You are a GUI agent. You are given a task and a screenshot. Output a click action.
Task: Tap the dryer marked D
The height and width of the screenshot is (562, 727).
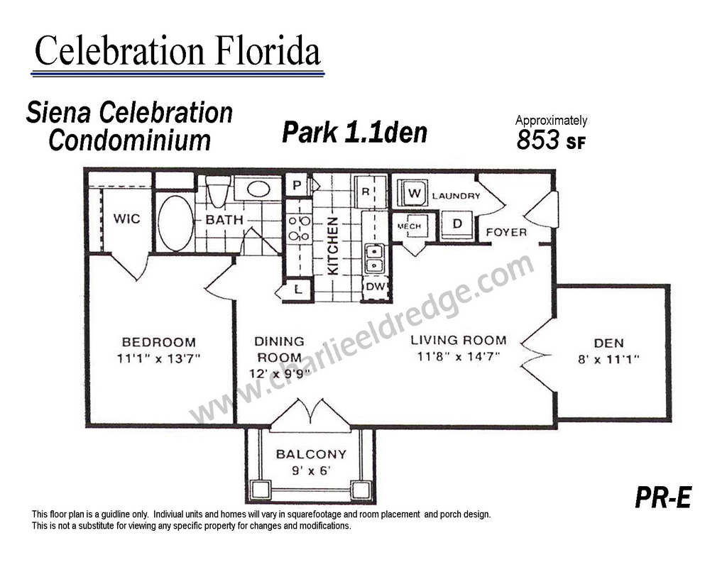[457, 225]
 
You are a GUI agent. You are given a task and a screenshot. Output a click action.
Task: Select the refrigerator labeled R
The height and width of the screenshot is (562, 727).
[369, 192]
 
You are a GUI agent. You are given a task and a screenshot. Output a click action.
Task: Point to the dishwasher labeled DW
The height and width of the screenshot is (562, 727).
[375, 287]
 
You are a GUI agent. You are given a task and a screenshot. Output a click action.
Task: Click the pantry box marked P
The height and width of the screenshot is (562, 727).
[297, 185]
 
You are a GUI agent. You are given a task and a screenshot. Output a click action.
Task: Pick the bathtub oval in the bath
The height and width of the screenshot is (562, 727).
[176, 223]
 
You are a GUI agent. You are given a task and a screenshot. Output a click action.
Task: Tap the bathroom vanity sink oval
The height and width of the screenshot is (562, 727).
[258, 189]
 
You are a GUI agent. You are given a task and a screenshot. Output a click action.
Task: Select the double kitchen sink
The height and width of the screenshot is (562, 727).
[374, 258]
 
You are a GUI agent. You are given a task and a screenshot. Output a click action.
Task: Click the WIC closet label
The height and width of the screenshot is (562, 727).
[126, 219]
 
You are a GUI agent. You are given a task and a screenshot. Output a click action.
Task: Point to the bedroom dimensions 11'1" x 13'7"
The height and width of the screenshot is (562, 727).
[158, 358]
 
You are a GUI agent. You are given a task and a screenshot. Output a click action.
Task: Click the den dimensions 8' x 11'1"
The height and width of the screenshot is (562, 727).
[608, 359]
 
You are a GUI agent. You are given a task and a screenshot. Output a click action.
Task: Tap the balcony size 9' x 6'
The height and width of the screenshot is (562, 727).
[311, 470]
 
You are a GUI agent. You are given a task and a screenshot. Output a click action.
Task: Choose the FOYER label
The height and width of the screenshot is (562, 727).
[506, 232]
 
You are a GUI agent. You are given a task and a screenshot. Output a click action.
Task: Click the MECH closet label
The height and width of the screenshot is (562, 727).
[409, 226]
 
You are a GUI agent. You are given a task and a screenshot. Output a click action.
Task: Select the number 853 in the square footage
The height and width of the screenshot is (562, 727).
[538, 140]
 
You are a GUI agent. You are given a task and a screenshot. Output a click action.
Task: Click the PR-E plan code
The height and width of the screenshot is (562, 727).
[664, 497]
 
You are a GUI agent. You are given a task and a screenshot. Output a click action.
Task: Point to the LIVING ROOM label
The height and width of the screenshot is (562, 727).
[459, 340]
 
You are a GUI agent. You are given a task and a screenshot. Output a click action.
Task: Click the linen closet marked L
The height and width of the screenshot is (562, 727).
[298, 290]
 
